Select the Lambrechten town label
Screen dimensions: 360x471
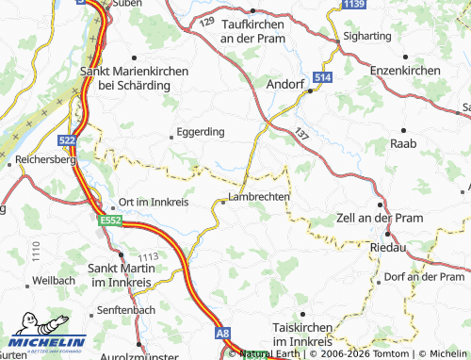(x=258, y=196)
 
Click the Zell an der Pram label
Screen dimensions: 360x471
(x=377, y=218)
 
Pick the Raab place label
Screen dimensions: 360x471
(x=403, y=144)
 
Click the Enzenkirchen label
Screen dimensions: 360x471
(x=405, y=72)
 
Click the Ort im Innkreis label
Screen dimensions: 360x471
(x=155, y=204)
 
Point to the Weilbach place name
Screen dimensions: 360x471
(x=52, y=281)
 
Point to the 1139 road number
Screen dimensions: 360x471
(x=353, y=6)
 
